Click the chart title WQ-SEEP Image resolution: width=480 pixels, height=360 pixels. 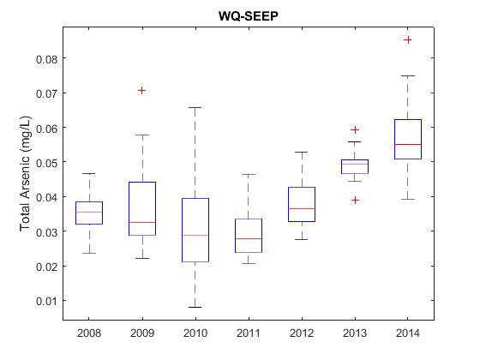(249, 16)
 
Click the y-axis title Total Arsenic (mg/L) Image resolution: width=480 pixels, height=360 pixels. (25, 173)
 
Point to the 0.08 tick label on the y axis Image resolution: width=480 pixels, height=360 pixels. (46, 59)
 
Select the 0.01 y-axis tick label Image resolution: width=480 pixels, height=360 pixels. (46, 301)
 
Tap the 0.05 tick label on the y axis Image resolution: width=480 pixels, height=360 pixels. (46, 163)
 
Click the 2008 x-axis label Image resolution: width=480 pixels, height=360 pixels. (89, 333)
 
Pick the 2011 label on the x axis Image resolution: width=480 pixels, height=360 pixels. (249, 333)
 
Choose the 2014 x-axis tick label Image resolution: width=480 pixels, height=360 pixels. (408, 333)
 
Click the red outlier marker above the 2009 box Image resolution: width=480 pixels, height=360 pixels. (141, 90)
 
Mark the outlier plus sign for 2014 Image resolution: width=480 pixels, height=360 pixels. (407, 39)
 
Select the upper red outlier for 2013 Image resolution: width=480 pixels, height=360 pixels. (355, 129)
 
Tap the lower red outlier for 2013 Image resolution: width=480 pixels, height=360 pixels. (355, 201)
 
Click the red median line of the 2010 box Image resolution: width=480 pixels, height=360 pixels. (195, 235)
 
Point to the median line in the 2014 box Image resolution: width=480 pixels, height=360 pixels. (408, 144)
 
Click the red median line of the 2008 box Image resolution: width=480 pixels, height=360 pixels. (89, 212)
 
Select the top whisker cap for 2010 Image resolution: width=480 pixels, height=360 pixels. (195, 107)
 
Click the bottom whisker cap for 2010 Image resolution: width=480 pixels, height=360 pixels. (195, 307)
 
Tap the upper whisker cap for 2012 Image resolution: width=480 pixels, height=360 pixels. (302, 152)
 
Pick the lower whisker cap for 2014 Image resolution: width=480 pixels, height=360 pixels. (408, 199)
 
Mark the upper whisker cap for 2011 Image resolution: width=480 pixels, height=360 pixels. (249, 174)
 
